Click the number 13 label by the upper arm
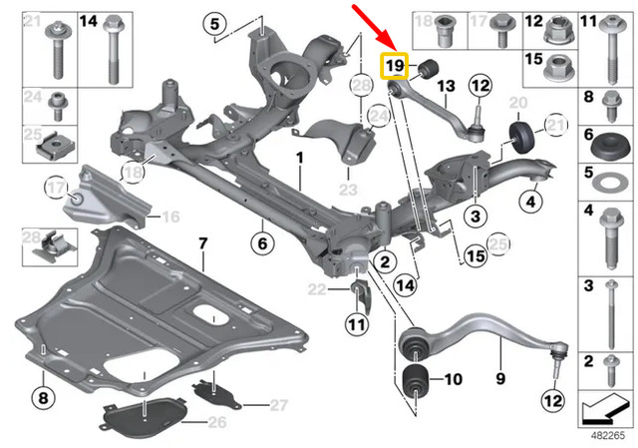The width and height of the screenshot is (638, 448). coord(445,86)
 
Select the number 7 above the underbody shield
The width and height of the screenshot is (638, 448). coord(202,243)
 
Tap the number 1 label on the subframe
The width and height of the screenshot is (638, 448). coord(297,159)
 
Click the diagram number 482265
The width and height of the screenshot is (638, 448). coord(606,436)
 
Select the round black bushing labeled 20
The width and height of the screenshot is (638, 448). coord(518,136)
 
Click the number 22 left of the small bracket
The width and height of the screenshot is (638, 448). coord(317,289)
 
